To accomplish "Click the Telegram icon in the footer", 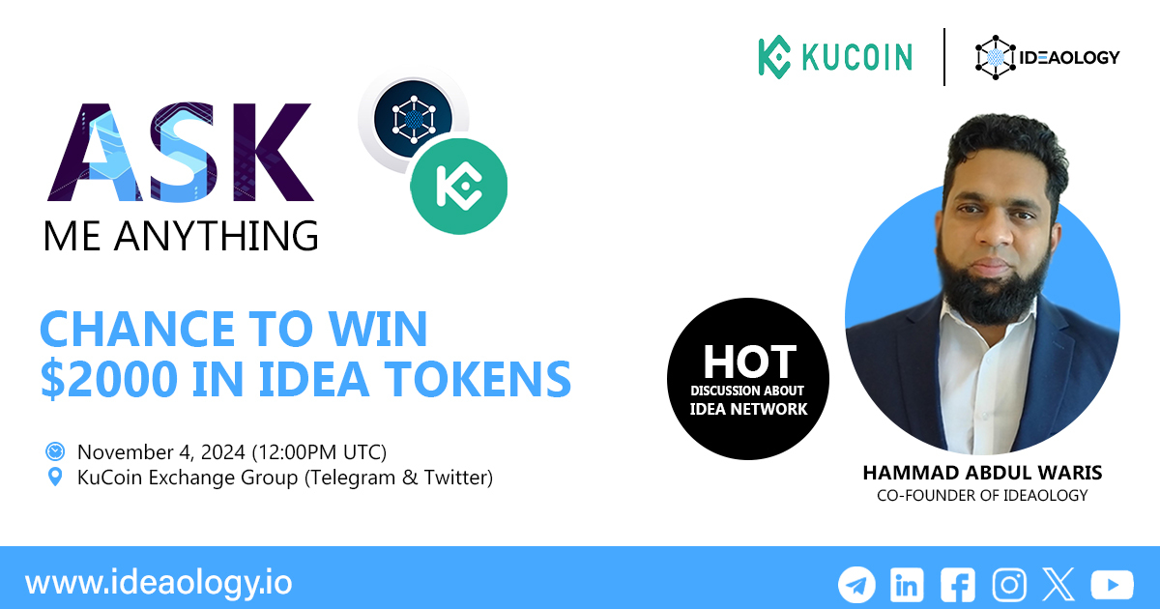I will point(856,585).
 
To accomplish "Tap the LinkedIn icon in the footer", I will point(907,585).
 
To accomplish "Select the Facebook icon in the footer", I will point(958,585).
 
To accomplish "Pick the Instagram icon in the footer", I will point(1009,585).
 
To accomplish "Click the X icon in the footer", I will point(1058,585).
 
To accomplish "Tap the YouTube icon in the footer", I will point(1112,585).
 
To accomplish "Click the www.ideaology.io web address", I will point(159,584).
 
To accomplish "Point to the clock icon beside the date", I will point(55,451).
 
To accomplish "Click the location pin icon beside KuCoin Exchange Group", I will point(55,478).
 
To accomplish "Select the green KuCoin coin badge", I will point(459,186).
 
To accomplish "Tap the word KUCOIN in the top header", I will point(856,57).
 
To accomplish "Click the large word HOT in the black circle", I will point(749,362).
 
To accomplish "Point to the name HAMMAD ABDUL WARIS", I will point(982,475).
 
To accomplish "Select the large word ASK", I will point(179,152).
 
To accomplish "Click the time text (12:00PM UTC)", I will point(319,451).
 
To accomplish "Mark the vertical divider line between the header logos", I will point(944,57).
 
